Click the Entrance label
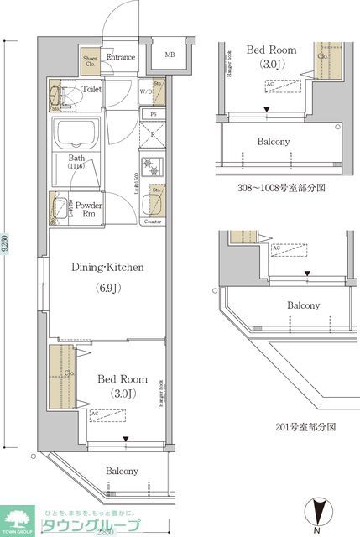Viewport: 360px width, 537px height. [120, 57]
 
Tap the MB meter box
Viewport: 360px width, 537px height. [170, 56]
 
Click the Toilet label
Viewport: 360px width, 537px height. [92, 88]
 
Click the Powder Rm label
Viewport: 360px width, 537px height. [89, 209]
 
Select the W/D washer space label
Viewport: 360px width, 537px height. [144, 91]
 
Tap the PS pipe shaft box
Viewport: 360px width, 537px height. [153, 114]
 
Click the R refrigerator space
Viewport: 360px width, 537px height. [153, 133]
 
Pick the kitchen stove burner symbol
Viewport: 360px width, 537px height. [152, 164]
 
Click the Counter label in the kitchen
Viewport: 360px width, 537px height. [153, 222]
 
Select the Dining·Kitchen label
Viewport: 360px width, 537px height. [107, 268]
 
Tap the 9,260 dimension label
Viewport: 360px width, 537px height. [8, 248]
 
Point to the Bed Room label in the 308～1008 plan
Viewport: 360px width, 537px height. [266, 50]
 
